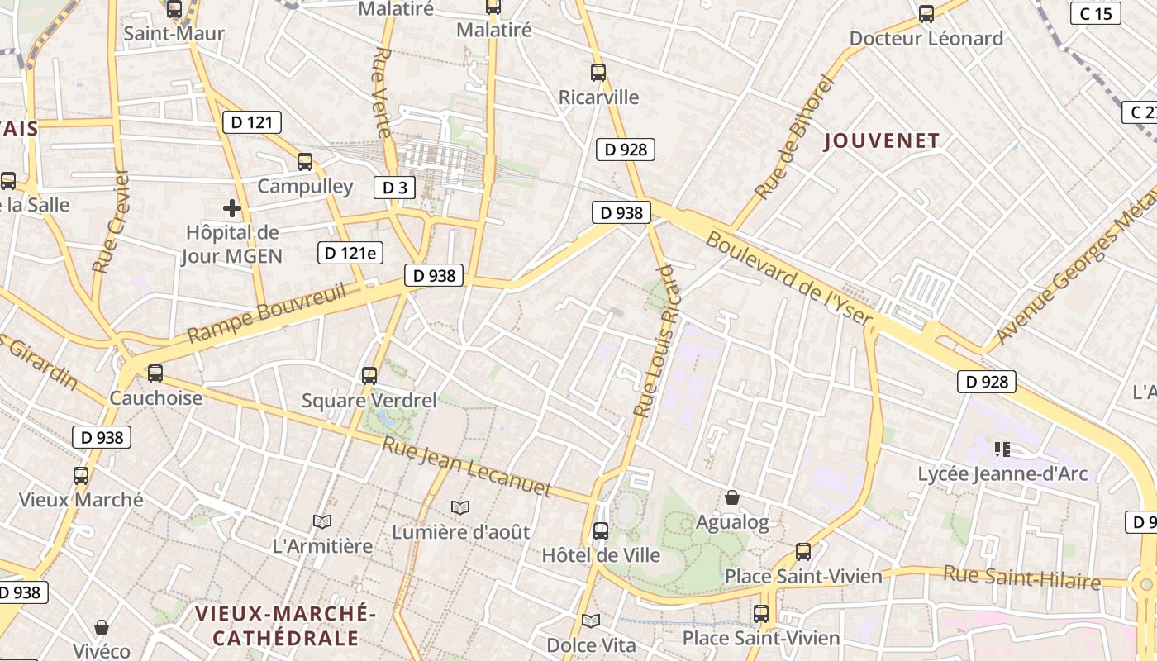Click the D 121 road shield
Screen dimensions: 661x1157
[252, 122]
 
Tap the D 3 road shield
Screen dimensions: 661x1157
[394, 188]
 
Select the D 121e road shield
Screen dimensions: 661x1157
[350, 253]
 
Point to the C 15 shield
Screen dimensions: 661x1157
[1096, 13]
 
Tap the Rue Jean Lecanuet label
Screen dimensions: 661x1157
[466, 466]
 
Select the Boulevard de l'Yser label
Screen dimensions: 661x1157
[788, 278]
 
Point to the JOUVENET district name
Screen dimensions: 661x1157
[882, 141]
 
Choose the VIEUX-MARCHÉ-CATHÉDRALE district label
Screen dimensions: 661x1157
[286, 625]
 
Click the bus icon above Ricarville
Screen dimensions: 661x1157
[598, 73]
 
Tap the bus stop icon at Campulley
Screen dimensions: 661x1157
[305, 162]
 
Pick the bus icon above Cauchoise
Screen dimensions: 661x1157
[155, 373]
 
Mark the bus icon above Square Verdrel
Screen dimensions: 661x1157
[369, 376]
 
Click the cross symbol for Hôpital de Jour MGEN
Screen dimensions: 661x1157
[232, 208]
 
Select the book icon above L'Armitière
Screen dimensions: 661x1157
[322, 521]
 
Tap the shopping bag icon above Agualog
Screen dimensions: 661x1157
[731, 497]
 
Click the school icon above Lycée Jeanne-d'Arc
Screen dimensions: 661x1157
[1002, 449]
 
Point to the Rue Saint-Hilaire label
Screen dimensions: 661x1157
[1022, 578]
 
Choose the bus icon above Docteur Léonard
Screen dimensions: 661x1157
[926, 14]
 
